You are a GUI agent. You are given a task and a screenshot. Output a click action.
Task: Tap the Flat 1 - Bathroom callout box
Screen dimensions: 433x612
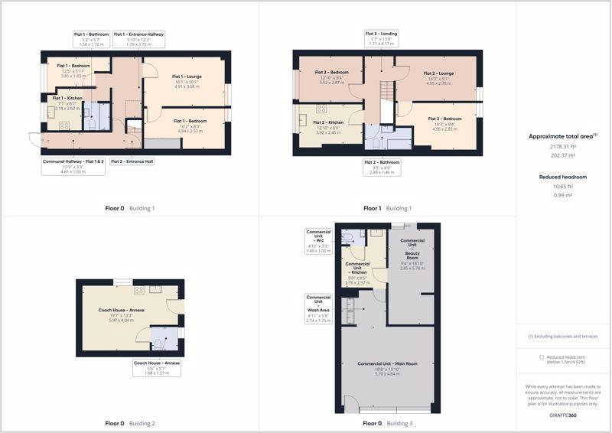coord(91,39)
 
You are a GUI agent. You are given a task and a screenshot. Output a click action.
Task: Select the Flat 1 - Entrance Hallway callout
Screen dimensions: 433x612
coord(138,39)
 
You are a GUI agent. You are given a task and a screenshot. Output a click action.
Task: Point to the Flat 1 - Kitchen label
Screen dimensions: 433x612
coord(68,103)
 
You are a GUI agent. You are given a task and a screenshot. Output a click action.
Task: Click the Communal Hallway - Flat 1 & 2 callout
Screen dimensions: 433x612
coord(73,166)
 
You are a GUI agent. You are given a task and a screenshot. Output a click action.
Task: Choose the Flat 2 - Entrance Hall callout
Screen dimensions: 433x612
coord(132,161)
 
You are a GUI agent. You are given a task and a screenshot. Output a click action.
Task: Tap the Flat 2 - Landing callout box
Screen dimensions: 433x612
coord(381,39)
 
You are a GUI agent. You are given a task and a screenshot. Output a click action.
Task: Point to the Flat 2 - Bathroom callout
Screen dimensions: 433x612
coord(381,167)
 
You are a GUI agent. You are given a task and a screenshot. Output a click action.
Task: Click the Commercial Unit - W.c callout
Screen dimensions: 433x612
coord(319,240)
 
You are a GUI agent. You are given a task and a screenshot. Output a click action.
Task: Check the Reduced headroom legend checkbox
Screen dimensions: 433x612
coord(542,357)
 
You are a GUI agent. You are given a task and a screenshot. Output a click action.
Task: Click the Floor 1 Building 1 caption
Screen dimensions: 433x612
coord(387,208)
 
